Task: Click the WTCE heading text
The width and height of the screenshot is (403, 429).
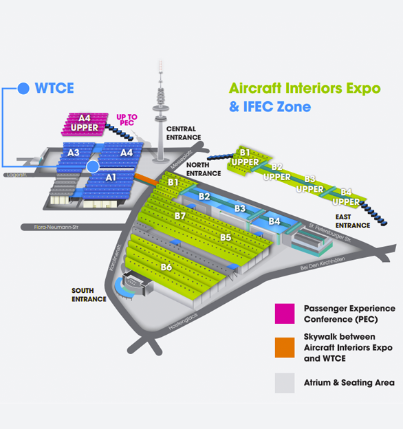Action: pos(54,88)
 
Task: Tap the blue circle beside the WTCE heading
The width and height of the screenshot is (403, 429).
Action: pos(23,89)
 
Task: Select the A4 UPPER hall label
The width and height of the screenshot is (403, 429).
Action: pos(85,123)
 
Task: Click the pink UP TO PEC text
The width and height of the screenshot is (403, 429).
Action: pos(127,120)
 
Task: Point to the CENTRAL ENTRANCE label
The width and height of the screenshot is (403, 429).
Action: pos(184,133)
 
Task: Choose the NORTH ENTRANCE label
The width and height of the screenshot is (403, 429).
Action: pos(204,169)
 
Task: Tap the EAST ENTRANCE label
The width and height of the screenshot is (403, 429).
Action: pos(353,221)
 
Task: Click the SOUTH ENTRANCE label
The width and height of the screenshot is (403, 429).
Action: pos(89,295)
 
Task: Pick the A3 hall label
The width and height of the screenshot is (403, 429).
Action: pos(74,153)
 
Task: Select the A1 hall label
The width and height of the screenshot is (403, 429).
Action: pos(111,177)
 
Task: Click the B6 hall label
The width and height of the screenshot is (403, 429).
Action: pos(166,267)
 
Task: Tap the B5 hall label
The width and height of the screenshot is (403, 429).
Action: pos(226,237)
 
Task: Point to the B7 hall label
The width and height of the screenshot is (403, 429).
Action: pos(180,216)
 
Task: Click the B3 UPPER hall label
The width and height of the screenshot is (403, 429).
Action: pos(310,184)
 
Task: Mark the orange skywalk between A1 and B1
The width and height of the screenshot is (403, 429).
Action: pos(146,179)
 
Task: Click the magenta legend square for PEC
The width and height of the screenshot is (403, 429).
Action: pos(285,313)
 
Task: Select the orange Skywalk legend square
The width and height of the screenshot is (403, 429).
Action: pos(285,347)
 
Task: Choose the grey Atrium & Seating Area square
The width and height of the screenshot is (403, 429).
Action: pos(285,383)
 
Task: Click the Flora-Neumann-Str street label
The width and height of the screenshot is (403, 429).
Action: pos(56,227)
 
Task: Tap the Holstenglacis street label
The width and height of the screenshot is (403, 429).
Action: pos(183,322)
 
